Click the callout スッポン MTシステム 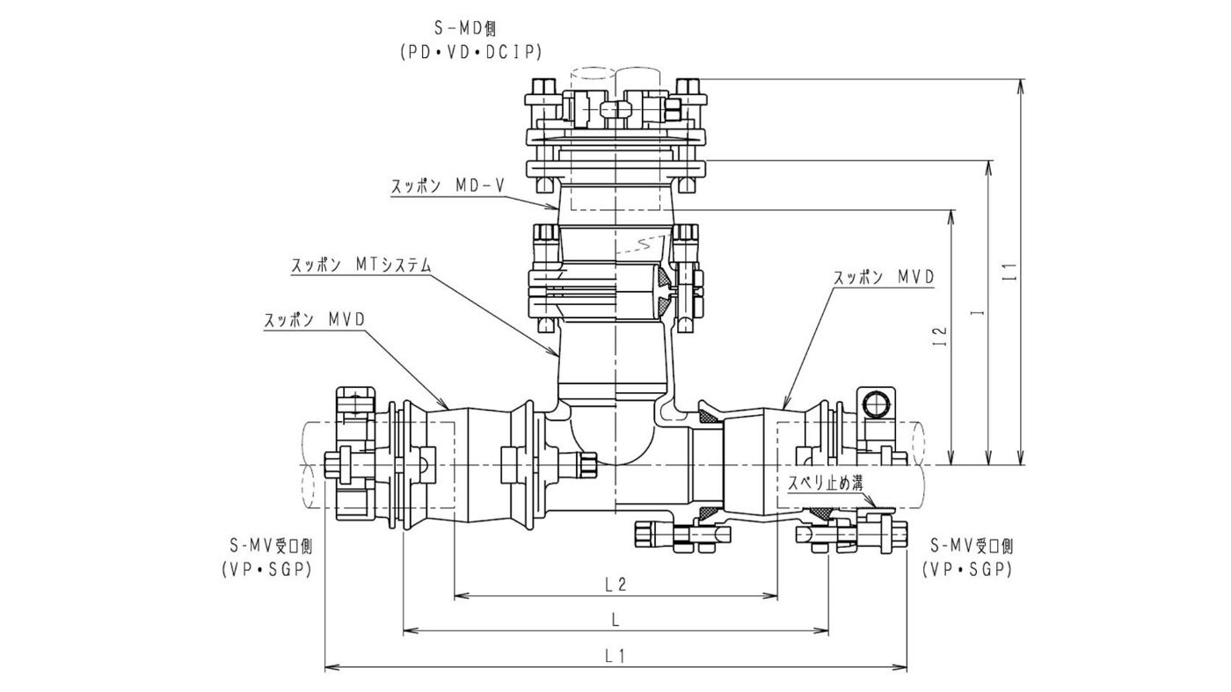click(361, 264)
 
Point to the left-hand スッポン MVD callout click(315, 321)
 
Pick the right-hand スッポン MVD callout click(884, 277)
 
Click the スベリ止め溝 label click(825, 483)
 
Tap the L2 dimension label click(615, 584)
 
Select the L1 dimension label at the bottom click(615, 655)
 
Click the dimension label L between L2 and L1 click(615, 619)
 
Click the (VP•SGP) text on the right click(967, 570)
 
